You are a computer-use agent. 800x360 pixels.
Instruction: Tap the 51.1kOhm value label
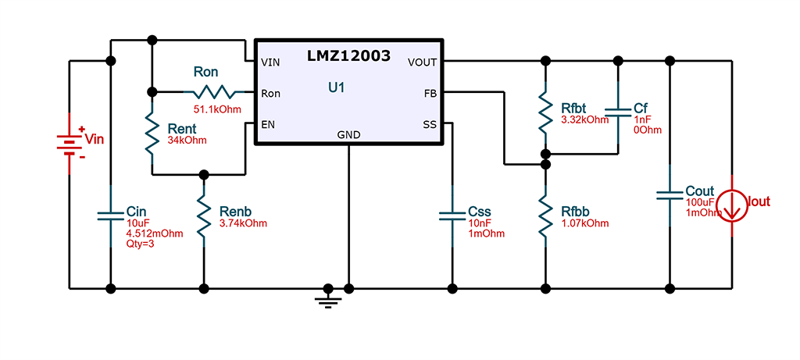(x=217, y=108)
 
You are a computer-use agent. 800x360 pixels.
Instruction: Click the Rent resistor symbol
(x=152, y=133)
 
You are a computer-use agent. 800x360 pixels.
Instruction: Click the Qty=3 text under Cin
(x=141, y=244)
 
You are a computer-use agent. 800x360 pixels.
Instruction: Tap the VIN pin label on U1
(x=270, y=62)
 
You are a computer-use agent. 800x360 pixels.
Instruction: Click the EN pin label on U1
(x=267, y=124)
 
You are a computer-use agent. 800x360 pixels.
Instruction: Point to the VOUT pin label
(x=423, y=62)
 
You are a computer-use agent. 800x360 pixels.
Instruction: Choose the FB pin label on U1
(x=430, y=93)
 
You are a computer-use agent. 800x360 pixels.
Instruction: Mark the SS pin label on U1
(x=430, y=124)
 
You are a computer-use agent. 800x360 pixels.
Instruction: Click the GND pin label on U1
(x=348, y=135)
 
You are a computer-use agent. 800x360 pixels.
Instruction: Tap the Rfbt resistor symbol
(x=545, y=112)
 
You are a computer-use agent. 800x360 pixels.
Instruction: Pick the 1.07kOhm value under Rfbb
(x=584, y=223)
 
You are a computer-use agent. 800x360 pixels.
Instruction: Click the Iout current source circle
(x=733, y=202)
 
